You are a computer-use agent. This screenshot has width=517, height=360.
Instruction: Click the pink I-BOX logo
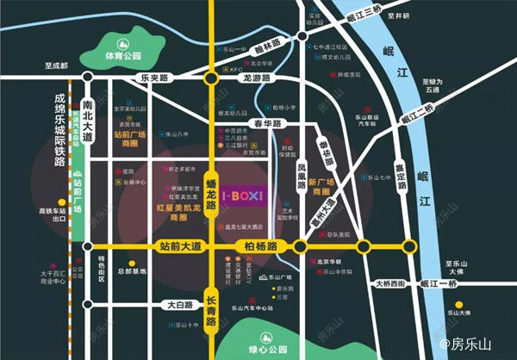(x=243, y=196)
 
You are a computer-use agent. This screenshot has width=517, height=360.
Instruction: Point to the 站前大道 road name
(x=180, y=247)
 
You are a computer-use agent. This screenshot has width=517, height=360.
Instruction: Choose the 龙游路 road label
(x=258, y=78)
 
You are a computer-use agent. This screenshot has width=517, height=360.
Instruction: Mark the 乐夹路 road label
(x=157, y=78)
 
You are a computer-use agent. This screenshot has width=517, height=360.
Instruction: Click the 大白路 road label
(x=182, y=304)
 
